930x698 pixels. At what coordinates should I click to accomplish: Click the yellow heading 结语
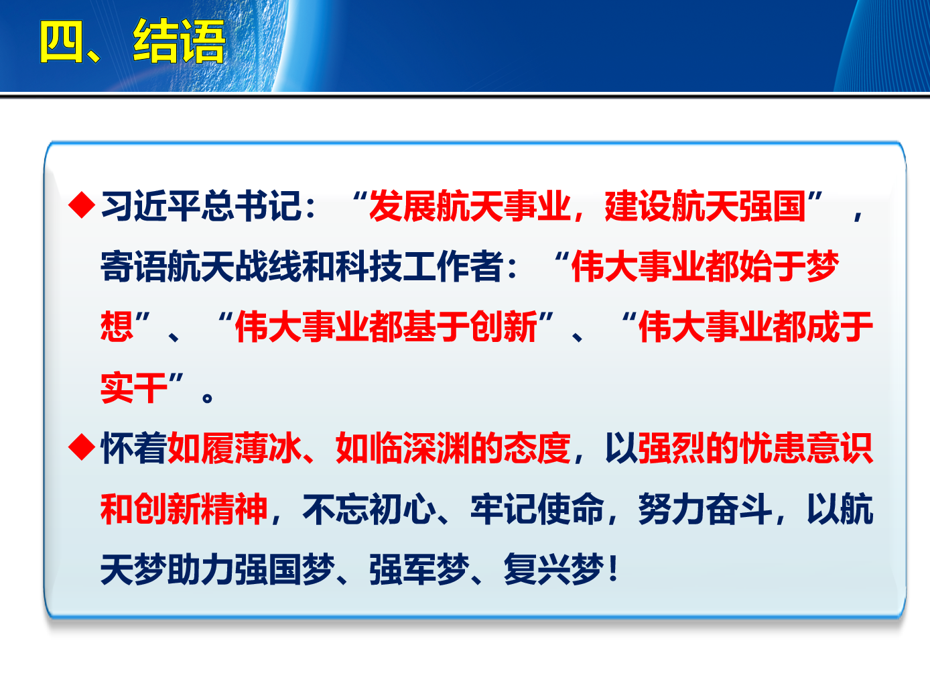click(179, 42)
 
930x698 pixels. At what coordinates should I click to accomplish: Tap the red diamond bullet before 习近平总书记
click(81, 205)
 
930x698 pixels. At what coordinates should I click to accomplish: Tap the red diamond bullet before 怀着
click(81, 447)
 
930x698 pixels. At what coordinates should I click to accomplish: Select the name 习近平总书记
click(202, 206)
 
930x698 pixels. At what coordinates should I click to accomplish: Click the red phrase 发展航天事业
click(470, 206)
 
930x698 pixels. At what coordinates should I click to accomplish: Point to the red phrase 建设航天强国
click(705, 206)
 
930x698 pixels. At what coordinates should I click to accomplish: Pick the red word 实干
click(134, 388)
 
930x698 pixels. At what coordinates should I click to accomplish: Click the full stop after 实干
click(207, 398)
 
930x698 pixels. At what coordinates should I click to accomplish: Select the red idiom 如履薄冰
click(235, 448)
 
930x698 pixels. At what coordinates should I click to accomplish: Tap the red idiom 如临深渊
click(403, 448)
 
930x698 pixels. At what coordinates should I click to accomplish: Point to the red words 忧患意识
click(806, 448)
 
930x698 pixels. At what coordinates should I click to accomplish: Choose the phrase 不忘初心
click(369, 508)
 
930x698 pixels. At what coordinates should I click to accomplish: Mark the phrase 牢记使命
click(537, 508)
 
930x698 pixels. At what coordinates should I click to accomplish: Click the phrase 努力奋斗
click(705, 508)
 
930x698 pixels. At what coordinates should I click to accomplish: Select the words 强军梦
click(419, 569)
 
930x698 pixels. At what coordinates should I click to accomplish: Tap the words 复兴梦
click(553, 569)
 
